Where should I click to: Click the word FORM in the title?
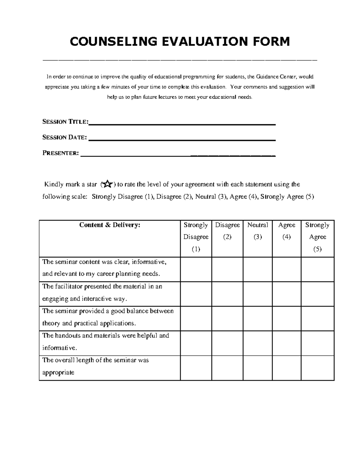point(272,41)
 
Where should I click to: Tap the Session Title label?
point(65,122)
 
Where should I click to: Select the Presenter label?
point(61,153)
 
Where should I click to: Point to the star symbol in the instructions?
point(107,185)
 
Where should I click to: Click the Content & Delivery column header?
point(109,225)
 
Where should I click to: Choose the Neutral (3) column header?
point(257,231)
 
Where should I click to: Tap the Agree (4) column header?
point(286,231)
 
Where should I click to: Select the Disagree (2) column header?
point(227,231)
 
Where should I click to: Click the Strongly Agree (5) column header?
point(317,237)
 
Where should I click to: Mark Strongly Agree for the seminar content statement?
point(317,269)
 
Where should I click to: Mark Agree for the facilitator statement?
point(286,294)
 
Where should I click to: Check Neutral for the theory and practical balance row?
point(257,319)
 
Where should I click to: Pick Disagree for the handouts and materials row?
point(227,343)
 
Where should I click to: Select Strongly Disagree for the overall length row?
point(196,368)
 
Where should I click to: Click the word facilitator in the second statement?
point(68,286)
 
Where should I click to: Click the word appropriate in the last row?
point(58,373)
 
